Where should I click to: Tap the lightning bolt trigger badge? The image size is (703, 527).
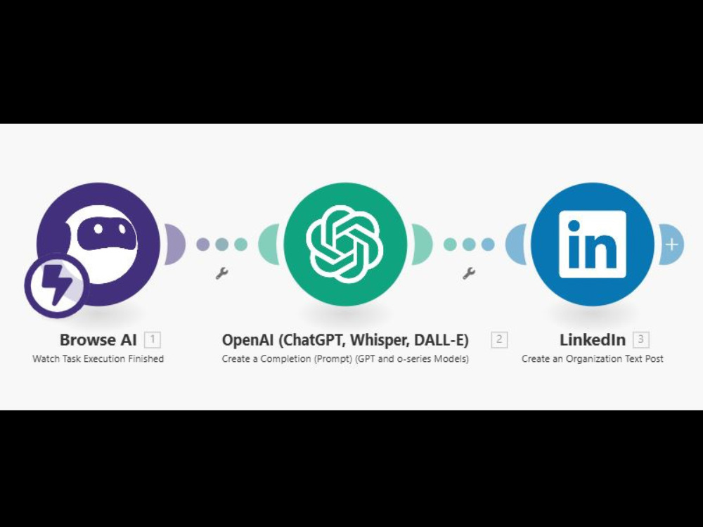56,285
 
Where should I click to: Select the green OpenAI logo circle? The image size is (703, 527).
345,245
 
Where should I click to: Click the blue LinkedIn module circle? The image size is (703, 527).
593,245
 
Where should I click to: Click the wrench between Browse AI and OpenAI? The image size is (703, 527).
221,273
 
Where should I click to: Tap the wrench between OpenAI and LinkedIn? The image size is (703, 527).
469,273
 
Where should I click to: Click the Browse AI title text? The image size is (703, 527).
98,339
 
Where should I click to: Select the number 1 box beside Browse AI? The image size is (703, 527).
153,339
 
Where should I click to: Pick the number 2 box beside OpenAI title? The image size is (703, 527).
499,339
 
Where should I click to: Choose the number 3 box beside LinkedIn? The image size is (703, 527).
641,339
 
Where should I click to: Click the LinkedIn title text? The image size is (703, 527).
593,339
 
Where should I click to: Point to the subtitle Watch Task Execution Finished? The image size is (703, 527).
98,358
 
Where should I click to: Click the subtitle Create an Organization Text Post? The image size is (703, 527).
592,358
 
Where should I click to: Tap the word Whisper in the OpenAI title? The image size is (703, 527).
380,340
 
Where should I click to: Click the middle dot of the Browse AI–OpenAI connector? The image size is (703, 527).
221,245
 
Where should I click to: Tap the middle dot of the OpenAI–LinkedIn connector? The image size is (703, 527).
469,245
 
